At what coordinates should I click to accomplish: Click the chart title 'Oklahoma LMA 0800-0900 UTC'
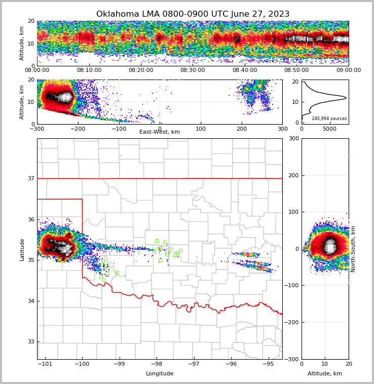pyautogui.click(x=193, y=14)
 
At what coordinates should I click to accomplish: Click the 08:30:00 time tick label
pyautogui.click(x=193, y=70)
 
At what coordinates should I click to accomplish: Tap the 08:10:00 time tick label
pyautogui.click(x=89, y=70)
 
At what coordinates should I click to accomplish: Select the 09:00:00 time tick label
pyautogui.click(x=348, y=70)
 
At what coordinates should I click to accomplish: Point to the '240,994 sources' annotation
pyautogui.click(x=329, y=119)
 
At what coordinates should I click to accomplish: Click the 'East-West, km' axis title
pyautogui.click(x=160, y=132)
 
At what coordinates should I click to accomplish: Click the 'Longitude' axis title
pyautogui.click(x=160, y=374)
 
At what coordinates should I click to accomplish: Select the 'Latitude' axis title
pyautogui.click(x=22, y=249)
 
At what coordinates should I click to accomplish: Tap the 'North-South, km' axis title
pyautogui.click(x=353, y=249)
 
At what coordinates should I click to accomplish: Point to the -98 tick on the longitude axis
pyautogui.click(x=157, y=364)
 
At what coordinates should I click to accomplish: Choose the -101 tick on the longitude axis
pyautogui.click(x=45, y=364)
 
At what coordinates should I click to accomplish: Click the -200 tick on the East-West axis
pyautogui.click(x=78, y=129)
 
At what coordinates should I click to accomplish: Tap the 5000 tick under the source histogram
pyautogui.click(x=329, y=129)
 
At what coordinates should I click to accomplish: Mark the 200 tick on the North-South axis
pyautogui.click(x=293, y=175)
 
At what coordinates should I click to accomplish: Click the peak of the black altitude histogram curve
pyautogui.click(x=346, y=97)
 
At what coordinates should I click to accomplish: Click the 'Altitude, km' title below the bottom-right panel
pyautogui.click(x=325, y=374)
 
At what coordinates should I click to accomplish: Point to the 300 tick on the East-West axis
pyautogui.click(x=282, y=129)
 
